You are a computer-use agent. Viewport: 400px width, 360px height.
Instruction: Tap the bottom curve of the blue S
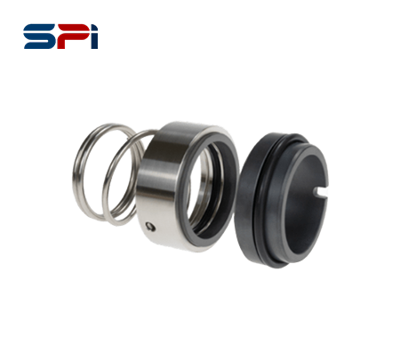[x=38, y=44]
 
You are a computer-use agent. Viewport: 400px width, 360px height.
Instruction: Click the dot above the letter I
[x=94, y=28]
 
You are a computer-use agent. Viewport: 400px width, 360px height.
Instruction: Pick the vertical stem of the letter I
[x=94, y=41]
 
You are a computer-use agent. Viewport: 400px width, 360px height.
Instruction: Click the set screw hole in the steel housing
[x=151, y=228]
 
